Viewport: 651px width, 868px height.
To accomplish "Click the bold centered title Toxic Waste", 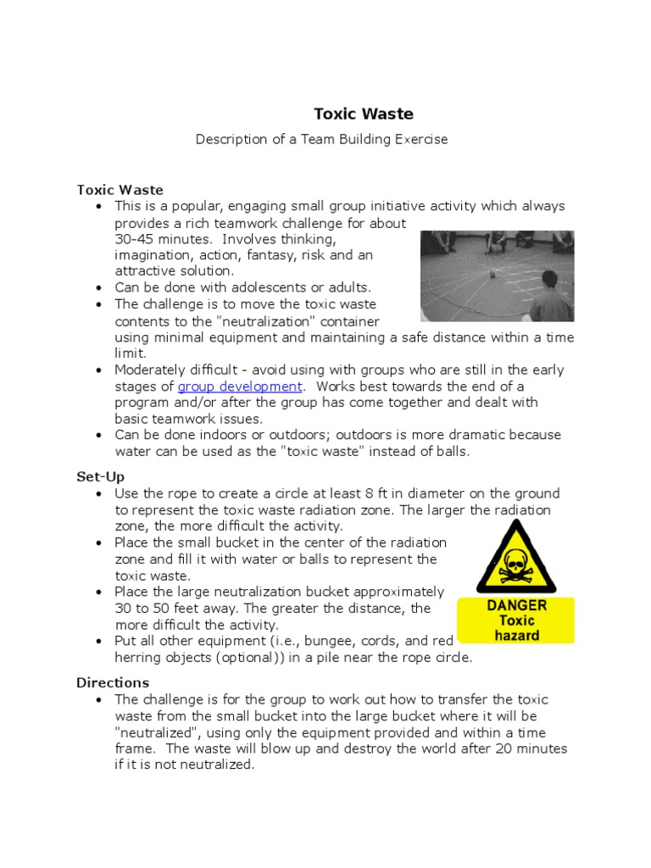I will pyautogui.click(x=364, y=114).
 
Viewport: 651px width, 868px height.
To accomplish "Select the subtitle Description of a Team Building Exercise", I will pyautogui.click(x=321, y=139).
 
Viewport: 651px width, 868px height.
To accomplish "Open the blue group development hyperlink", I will pyautogui.click(x=239, y=387).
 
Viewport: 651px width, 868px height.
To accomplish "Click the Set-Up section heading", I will pyautogui.click(x=100, y=477).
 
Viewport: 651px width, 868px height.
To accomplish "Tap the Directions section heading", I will pyautogui.click(x=112, y=682).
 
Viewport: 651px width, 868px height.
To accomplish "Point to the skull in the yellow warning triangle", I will pyautogui.click(x=515, y=563).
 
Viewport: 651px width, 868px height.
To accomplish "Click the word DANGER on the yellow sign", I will pyautogui.click(x=516, y=606).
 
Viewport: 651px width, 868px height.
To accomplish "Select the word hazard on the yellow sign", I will pyautogui.click(x=516, y=636).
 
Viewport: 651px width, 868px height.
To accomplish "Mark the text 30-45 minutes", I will pyautogui.click(x=161, y=239).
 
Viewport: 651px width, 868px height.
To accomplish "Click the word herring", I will pyautogui.click(x=137, y=657).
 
